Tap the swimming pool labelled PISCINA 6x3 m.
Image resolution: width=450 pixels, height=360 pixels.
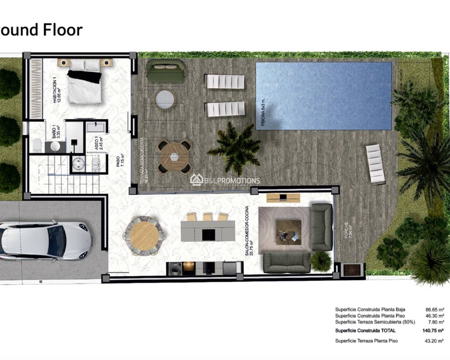tap(323, 96)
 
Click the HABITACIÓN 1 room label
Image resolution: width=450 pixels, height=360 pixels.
tap(56, 91)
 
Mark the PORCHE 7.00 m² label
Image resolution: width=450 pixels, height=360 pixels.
tap(348, 230)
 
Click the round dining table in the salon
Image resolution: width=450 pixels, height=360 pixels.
tap(145, 234)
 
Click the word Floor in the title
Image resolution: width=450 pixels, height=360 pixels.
tap(63, 30)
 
